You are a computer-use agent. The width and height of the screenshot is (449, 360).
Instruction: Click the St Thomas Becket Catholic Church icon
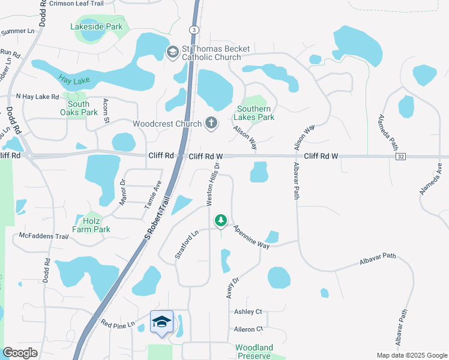172,52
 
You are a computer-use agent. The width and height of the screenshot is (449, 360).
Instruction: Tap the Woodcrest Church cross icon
211,124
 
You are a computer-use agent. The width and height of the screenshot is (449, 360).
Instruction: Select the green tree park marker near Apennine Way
221,221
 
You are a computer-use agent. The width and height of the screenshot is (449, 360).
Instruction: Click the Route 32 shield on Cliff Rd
400,156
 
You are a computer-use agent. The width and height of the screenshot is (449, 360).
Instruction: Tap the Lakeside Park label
96,26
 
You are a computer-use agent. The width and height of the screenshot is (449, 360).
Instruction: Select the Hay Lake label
70,79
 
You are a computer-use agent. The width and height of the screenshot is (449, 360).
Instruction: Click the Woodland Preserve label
254,352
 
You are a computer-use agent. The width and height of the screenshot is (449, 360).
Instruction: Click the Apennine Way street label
252,236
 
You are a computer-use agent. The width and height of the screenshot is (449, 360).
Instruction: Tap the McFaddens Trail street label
45,236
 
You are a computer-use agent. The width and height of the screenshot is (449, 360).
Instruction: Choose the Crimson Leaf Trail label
76,4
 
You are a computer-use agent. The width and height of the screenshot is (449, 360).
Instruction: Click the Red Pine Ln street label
119,325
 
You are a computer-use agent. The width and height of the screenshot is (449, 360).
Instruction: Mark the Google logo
20,353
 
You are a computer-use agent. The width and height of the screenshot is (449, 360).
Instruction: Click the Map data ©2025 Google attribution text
411,355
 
